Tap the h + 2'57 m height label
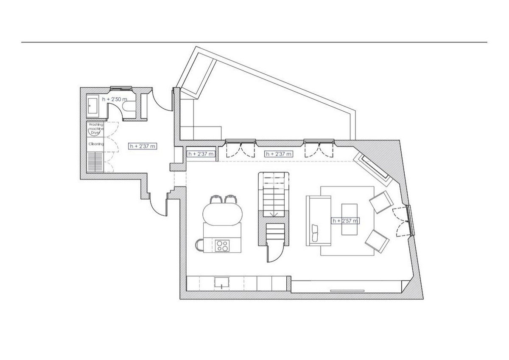tap(346, 220)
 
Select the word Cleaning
tap(96, 144)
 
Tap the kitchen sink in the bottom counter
tap(222, 282)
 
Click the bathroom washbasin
tap(93, 106)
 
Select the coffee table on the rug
tap(350, 219)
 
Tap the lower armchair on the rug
tap(377, 241)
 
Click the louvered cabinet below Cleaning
tap(95, 162)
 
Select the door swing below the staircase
tap(272, 253)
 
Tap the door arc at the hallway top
tap(163, 101)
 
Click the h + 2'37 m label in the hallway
tap(143, 146)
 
